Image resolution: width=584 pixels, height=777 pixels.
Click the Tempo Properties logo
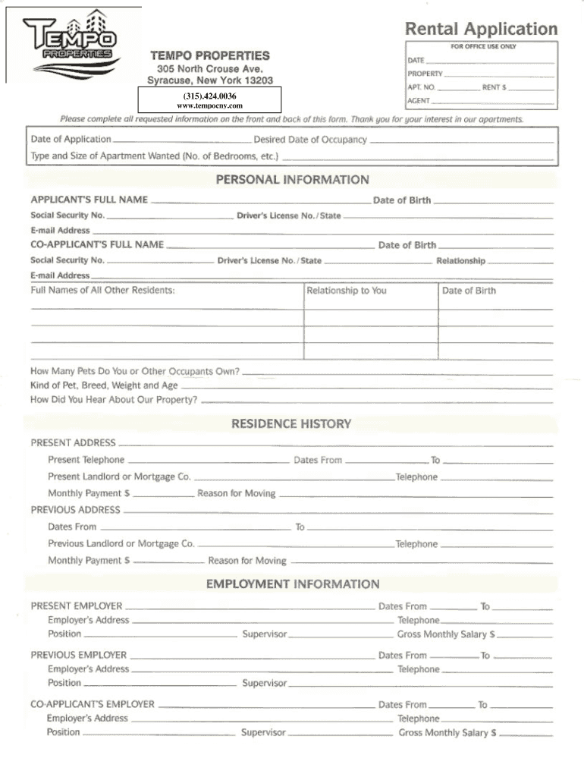click(71, 44)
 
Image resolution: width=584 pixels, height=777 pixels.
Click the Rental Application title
click(481, 30)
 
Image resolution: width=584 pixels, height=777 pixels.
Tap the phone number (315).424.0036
click(209, 96)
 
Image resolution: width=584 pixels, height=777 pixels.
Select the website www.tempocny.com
click(209, 105)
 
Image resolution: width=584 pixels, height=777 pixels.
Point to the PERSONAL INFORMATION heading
click(292, 180)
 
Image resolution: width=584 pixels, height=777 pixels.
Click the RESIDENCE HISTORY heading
click(291, 423)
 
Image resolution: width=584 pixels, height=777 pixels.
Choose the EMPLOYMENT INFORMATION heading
click(293, 584)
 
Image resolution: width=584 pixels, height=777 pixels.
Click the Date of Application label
click(71, 140)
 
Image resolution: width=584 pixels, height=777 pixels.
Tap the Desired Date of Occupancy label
click(310, 140)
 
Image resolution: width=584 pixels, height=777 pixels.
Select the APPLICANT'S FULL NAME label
click(89, 200)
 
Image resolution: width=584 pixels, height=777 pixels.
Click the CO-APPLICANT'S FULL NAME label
click(97, 244)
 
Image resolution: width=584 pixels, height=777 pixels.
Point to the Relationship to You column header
click(346, 291)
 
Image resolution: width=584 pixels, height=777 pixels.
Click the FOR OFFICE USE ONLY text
click(483, 46)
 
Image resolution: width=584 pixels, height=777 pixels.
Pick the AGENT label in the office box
click(419, 100)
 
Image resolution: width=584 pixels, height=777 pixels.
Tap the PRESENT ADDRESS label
click(73, 442)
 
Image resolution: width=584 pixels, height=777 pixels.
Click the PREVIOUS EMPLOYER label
click(78, 655)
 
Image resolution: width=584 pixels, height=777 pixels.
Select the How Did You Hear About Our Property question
click(114, 399)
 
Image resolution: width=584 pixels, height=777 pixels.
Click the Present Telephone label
click(86, 460)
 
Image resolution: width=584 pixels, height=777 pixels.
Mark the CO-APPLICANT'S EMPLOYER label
click(92, 704)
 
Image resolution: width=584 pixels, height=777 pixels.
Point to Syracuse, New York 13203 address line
click(209, 80)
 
